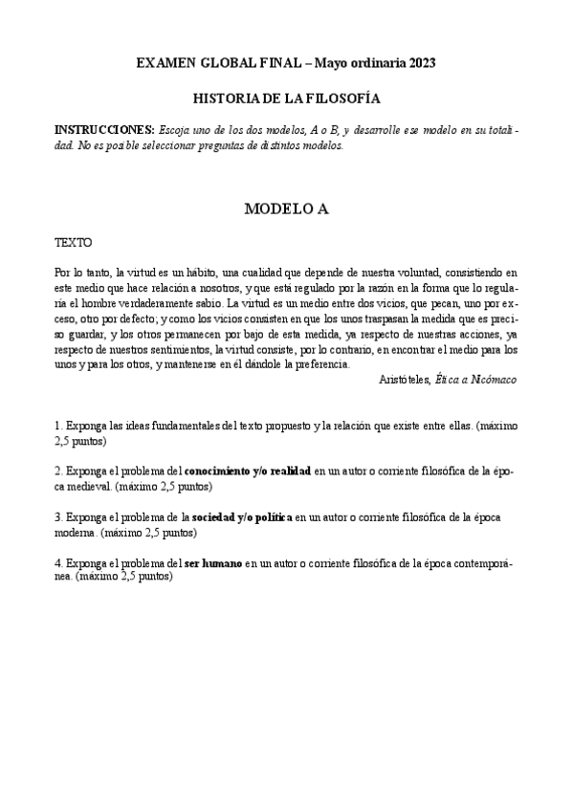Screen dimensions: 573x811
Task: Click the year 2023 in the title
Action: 420,63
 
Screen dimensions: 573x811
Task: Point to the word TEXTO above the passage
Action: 73,243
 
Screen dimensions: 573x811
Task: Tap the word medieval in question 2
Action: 80,487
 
